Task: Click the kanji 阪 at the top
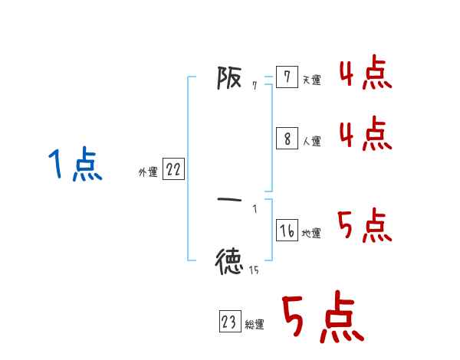pos(229,77)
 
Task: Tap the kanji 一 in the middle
pos(229,200)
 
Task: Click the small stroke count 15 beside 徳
pos(253,270)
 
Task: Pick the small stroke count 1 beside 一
pos(255,209)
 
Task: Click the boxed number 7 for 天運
pos(287,77)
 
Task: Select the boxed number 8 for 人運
pos(287,139)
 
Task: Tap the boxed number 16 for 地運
pos(287,231)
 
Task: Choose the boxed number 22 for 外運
pos(173,170)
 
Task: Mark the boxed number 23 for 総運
pos(229,322)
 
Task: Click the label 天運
pos(312,80)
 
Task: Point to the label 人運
pos(312,141)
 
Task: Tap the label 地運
pos(312,233)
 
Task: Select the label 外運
pos(148,172)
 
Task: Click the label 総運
pos(255,325)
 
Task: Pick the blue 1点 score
pos(75,165)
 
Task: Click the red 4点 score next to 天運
pos(365,74)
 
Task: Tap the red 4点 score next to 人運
pos(365,135)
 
